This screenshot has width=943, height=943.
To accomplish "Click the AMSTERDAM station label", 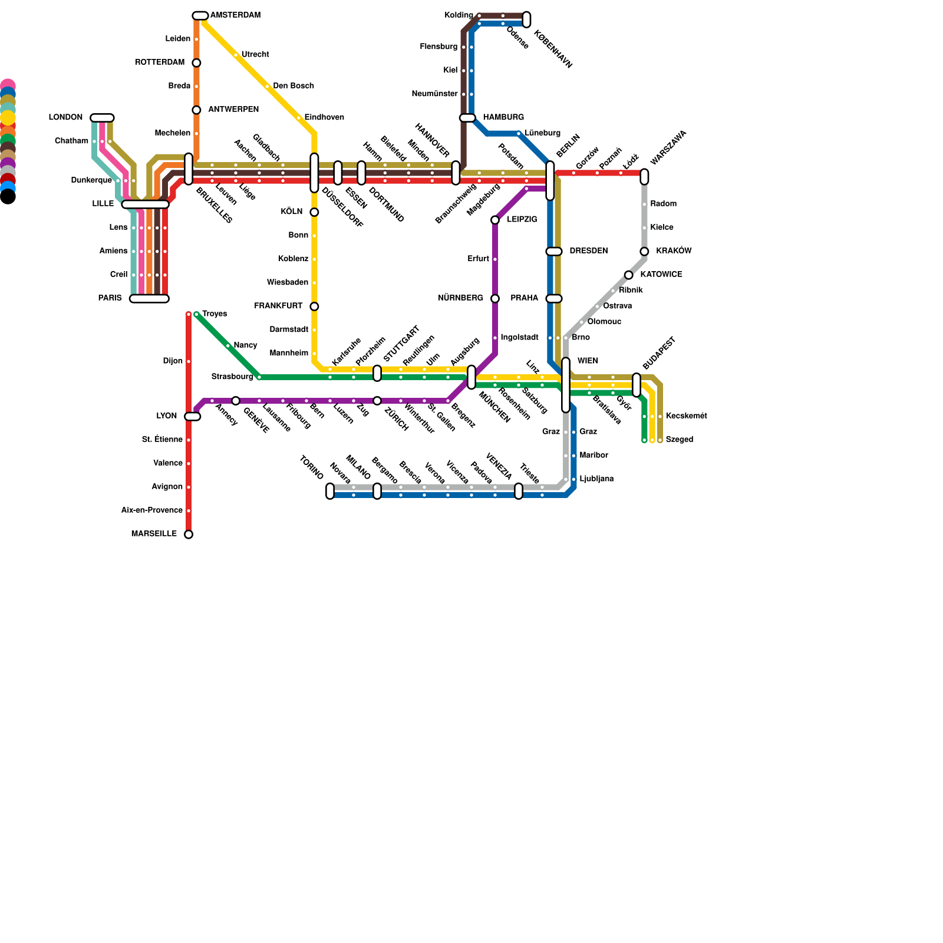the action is pos(235,15).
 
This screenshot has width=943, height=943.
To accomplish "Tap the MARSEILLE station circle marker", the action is pos(189,535).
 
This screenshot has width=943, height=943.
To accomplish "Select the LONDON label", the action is pos(65,118).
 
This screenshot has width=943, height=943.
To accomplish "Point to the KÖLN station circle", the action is pos(314,212).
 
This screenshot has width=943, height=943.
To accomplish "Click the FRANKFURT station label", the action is pos(278,306).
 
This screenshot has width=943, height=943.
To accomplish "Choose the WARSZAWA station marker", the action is pos(644,176).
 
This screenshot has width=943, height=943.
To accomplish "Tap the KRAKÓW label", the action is pos(674,251).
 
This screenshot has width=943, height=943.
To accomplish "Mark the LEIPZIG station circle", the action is pos(495,220).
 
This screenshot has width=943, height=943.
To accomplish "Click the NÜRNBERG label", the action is pos(460,298).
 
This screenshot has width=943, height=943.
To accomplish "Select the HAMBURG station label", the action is pos(503,118).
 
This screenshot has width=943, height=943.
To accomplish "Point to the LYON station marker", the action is pos(193,417).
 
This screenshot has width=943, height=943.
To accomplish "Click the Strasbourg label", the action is pos(232,377).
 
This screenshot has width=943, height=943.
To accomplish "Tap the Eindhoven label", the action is pos(324,118).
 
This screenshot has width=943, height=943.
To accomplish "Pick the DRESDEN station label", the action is pos(588,251).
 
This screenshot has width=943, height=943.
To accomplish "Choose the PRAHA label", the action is pos(525,298).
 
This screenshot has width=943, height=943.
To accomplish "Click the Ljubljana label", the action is pos(596,479).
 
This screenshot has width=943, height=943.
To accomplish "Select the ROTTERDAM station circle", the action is pos(196,63).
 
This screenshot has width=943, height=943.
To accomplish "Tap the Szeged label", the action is pos(679,440).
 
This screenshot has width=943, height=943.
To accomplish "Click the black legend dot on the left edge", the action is pos(8,197).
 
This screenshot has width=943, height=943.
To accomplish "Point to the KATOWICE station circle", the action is pos(629,275).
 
